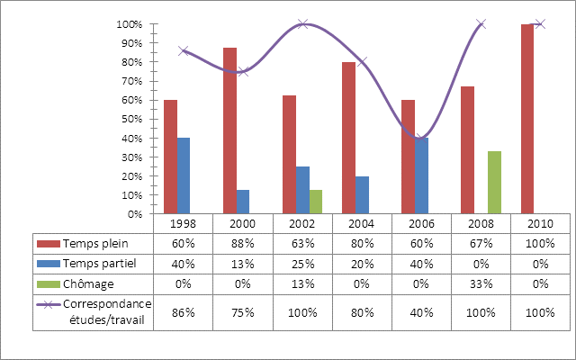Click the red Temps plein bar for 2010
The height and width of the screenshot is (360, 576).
coord(527,119)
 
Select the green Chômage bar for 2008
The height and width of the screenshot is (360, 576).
coord(494,183)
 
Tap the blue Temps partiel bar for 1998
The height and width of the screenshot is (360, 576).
coord(184,175)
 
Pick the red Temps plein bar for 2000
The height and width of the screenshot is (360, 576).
coord(229,130)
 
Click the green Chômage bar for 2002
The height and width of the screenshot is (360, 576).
coord(315,202)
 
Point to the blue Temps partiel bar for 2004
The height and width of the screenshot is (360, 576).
coord(362,195)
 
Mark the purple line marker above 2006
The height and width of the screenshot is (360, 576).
coord(421,138)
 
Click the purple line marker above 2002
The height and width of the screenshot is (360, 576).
coord(302,24)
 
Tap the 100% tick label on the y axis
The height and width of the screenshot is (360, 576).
coord(130,24)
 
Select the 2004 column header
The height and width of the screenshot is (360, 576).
coord(362,223)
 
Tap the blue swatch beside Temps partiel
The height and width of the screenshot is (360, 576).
coord(47,264)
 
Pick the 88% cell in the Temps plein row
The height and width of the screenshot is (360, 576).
coord(243,244)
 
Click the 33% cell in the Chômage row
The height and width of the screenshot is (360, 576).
coord(481,283)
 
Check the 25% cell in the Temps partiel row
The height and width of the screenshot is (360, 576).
coord(302,264)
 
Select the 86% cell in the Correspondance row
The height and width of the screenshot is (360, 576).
coord(184,312)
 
